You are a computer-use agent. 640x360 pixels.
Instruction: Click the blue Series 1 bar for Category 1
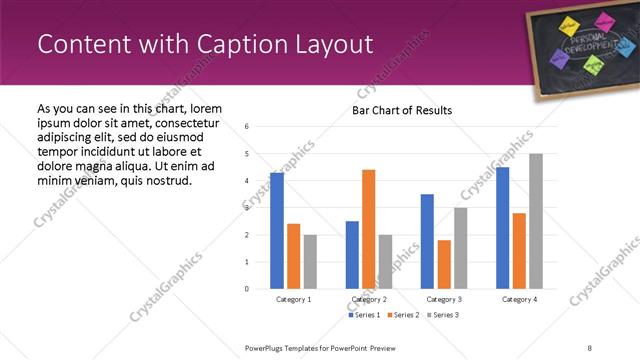pos(277,230)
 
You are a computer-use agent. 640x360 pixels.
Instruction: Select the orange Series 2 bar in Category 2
pos(368,229)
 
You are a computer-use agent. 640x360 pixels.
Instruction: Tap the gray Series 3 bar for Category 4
pos(536,221)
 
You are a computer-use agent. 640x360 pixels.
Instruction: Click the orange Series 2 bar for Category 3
pos(444,264)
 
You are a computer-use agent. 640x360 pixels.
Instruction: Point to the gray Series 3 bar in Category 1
pos(310,261)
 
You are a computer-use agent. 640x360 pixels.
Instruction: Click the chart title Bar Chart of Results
pos(402,111)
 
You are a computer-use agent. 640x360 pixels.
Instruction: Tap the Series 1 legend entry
pos(364,315)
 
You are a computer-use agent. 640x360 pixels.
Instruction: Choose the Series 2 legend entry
pos(403,315)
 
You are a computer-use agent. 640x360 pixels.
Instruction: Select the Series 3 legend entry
pos(442,315)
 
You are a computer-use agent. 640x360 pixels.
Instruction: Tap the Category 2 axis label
pos(368,299)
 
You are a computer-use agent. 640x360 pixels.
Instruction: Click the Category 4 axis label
pos(519,299)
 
